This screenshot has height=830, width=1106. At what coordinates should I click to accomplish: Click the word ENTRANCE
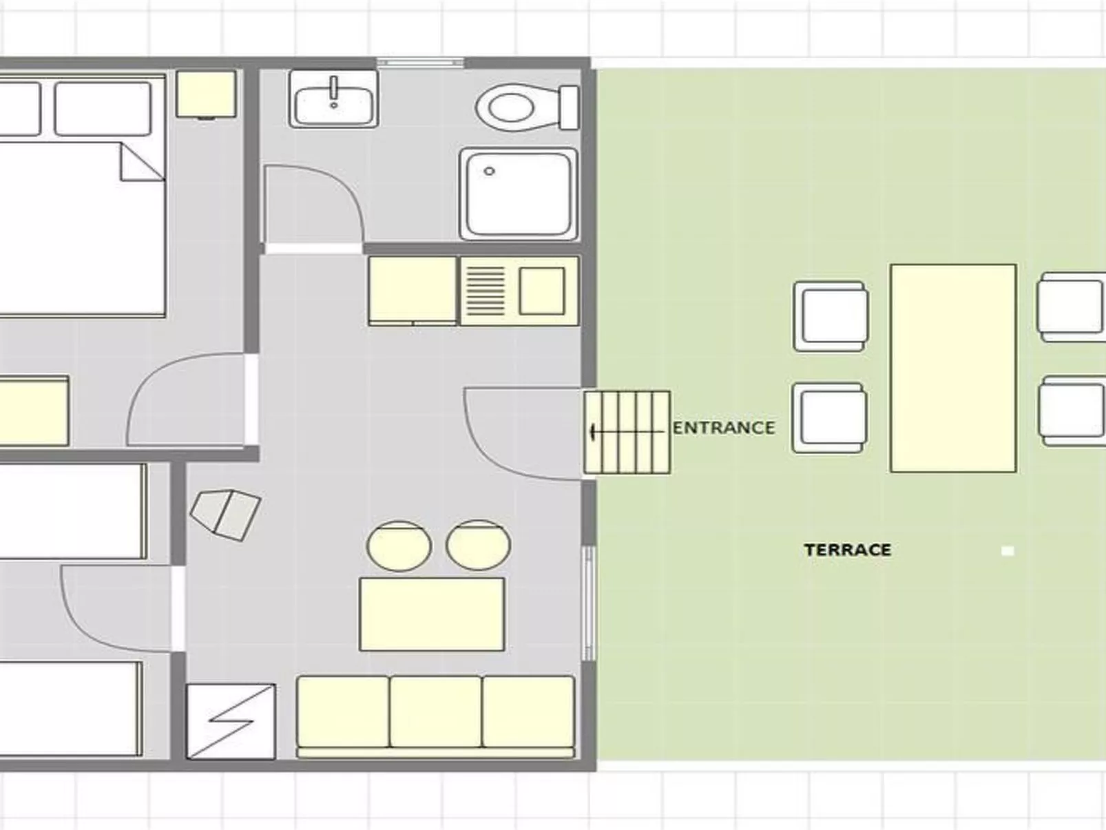[724, 428]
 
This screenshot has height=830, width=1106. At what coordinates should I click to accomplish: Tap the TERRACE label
[848, 550]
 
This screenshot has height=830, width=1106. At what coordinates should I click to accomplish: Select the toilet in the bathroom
[527, 107]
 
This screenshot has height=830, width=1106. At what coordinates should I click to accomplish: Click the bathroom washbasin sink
[333, 98]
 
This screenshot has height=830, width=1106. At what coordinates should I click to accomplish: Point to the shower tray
[519, 194]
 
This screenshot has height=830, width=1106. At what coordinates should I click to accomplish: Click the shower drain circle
[489, 172]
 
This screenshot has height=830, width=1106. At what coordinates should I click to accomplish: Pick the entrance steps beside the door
[627, 433]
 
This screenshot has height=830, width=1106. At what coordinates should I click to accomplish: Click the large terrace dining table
[953, 369]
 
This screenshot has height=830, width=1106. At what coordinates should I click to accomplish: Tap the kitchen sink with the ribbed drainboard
[519, 291]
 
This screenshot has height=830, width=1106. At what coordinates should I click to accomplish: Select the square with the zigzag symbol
[231, 721]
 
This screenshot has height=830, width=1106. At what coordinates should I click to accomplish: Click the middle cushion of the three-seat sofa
[435, 712]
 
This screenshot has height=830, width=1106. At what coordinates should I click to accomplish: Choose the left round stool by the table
[399, 546]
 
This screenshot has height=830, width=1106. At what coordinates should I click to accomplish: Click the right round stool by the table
[478, 545]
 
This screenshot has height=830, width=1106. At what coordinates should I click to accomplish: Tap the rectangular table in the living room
[432, 614]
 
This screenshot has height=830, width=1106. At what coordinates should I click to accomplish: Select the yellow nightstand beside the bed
[206, 94]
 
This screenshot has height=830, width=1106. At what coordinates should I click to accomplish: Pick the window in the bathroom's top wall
[420, 63]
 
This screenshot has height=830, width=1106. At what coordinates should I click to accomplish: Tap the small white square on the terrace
[1008, 551]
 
